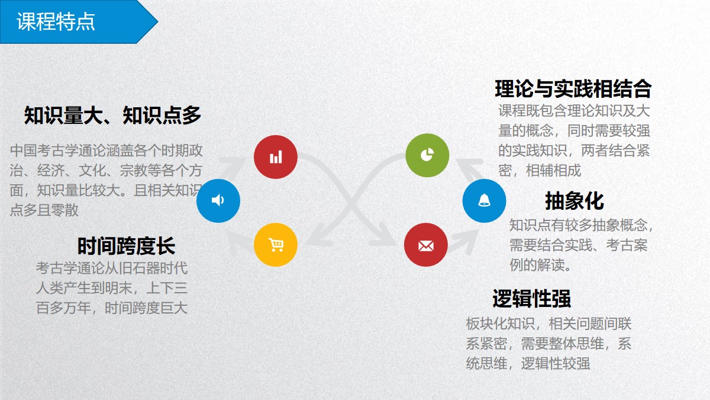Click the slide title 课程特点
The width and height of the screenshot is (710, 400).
click(56, 21)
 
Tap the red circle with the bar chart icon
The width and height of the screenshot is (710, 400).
click(276, 157)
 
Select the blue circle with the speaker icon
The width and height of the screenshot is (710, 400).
click(218, 201)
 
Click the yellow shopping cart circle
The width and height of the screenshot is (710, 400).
click(276, 245)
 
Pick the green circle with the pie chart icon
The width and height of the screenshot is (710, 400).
click(427, 155)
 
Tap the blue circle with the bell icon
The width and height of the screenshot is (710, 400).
click(484, 201)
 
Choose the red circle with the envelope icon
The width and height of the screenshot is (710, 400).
click(425, 245)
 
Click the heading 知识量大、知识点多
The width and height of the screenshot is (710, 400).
click(112, 115)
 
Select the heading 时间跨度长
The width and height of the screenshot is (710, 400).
click(126, 246)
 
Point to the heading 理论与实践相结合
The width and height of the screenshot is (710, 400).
click(573, 88)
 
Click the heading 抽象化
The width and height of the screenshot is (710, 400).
click(575, 201)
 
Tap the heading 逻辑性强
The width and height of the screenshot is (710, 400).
click(531, 299)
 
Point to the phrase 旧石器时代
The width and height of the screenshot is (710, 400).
click(153, 268)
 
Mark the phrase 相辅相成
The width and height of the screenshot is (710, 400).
click(553, 171)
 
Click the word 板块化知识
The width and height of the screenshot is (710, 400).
click(501, 324)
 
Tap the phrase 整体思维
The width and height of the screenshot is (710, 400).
click(576, 344)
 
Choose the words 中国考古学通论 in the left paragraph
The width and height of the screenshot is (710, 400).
click(58, 151)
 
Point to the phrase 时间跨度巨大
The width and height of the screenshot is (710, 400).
click(146, 308)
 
